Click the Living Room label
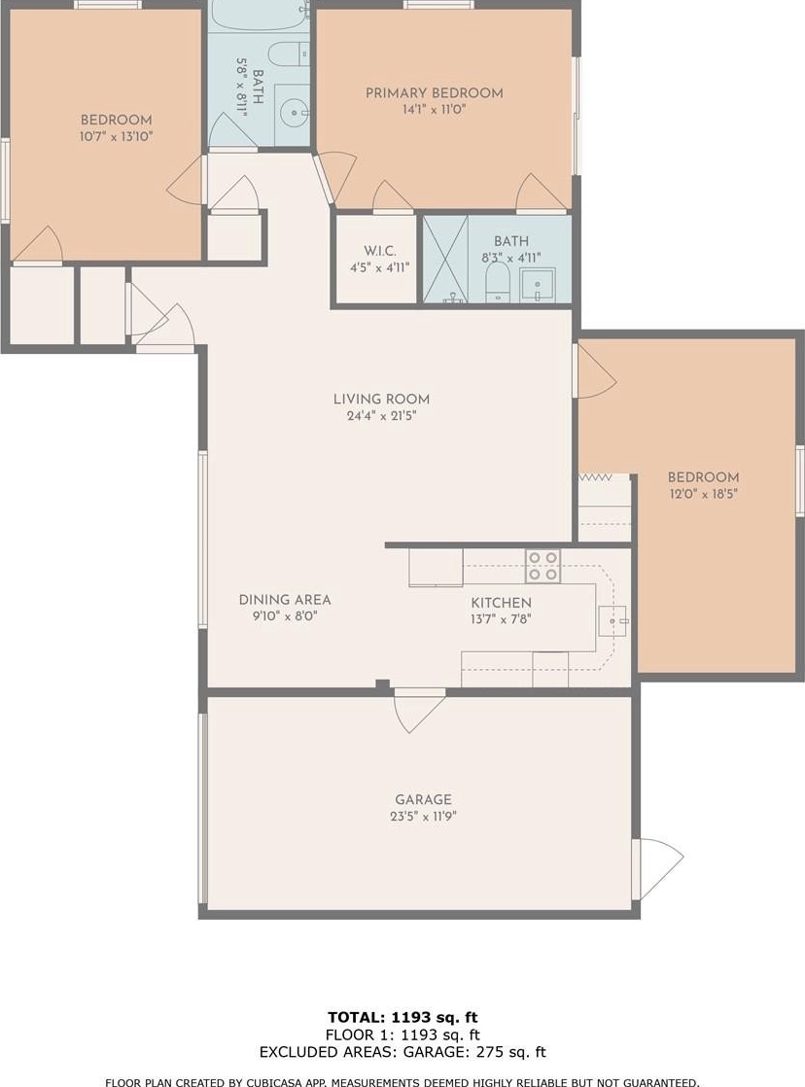pyautogui.click(x=381, y=399)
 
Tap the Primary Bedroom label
pyautogui.click(x=434, y=93)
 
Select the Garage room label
pyautogui.click(x=423, y=799)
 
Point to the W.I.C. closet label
pyautogui.click(x=380, y=250)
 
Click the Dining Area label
pyautogui.click(x=285, y=600)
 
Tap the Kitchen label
pyautogui.click(x=502, y=603)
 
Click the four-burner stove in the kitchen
pyautogui.click(x=542, y=566)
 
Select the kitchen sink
pyautogui.click(x=612, y=621)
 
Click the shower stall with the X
pyautogui.click(x=446, y=260)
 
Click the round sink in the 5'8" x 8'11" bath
pyautogui.click(x=296, y=111)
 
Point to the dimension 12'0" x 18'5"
pyautogui.click(x=703, y=494)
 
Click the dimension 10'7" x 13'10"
pyautogui.click(x=116, y=136)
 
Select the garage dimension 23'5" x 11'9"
pyautogui.click(x=423, y=817)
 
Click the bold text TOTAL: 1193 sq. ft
pyautogui.click(x=402, y=1017)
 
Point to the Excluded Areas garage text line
pyautogui.click(x=402, y=1052)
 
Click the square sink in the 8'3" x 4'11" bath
pyautogui.click(x=538, y=284)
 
